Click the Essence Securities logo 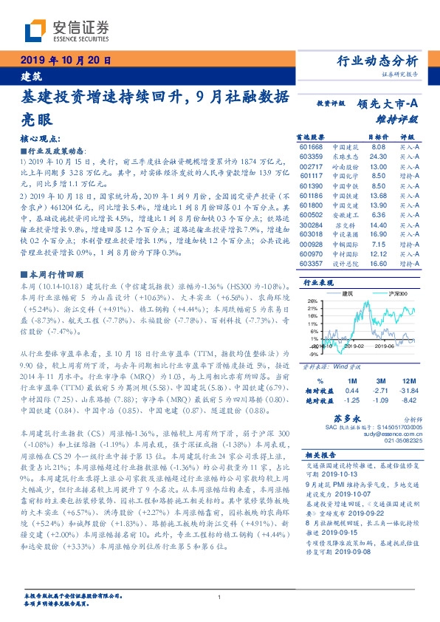[66, 30]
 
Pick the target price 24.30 [378, 157]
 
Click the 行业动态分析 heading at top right [377, 61]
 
